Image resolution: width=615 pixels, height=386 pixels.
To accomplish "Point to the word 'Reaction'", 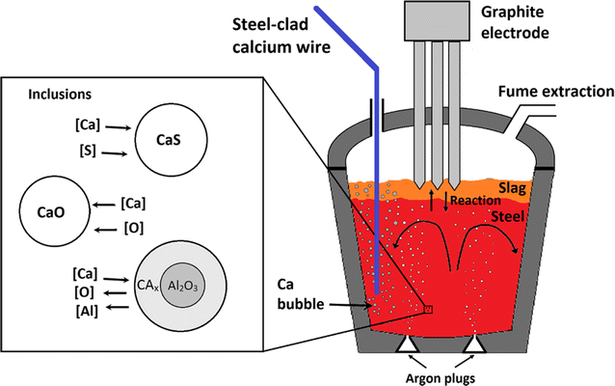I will [x=476, y=201].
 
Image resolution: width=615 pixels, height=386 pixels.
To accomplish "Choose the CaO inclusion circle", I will [x=56, y=207].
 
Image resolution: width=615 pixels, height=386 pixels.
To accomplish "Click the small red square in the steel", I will [x=427, y=310].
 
